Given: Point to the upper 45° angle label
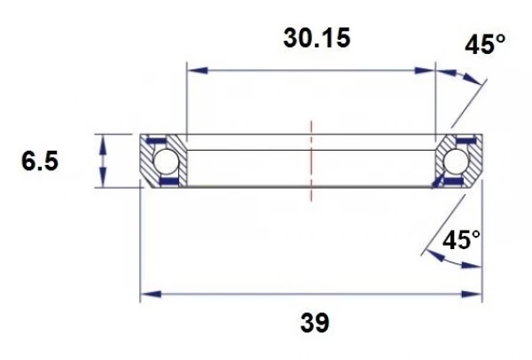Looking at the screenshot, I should click(x=487, y=44).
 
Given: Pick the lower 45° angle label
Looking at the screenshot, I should click(x=461, y=239).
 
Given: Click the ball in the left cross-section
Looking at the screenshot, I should click(x=164, y=161).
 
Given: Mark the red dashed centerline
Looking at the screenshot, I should click(x=311, y=161).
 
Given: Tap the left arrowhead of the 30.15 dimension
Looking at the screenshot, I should click(x=192, y=68).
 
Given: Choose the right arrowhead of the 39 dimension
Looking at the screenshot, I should click(x=475, y=294).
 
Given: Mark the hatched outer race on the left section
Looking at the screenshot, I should click(x=147, y=164).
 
